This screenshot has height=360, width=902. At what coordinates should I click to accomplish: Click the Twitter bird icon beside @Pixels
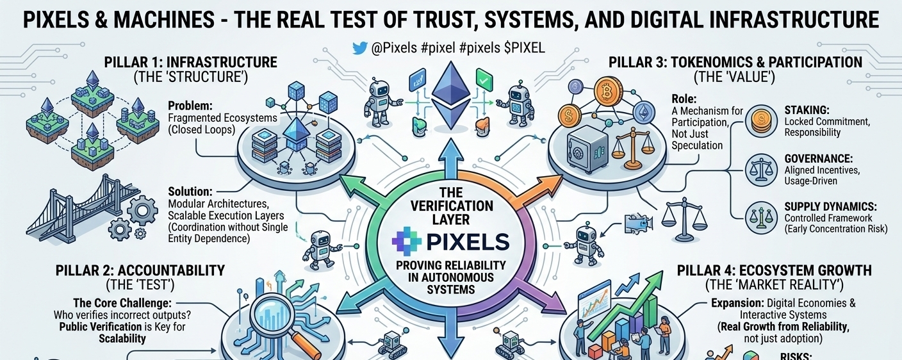coord(361,49)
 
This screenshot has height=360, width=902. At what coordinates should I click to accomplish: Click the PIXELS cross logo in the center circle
coord(407,241)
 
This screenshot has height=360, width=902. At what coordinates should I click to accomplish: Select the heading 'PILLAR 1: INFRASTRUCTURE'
coord(190,63)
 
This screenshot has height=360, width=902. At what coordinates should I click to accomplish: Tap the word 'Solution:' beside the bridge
coord(190,191)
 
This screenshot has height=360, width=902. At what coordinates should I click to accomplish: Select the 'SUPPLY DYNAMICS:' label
coord(831,206)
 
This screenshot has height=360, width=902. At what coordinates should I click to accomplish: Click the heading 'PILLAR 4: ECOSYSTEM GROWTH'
coord(774,271)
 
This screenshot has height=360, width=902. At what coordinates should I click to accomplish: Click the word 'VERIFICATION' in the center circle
coord(458,206)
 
